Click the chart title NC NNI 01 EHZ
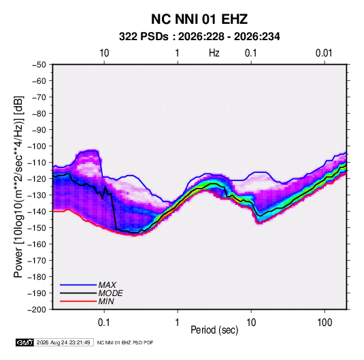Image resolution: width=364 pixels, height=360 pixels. coord(199,19)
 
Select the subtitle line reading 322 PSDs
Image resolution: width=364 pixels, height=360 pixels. coord(199,37)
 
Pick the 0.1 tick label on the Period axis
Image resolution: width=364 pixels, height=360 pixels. coord(104,323)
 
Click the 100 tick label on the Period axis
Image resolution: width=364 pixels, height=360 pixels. coord(325,323)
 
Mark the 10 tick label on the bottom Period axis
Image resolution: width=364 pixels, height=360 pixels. coord(251,323)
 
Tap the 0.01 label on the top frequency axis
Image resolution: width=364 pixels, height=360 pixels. coord(324,53)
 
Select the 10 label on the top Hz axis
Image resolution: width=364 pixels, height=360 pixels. coord(104,53)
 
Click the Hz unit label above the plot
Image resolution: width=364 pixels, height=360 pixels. coord(214,53)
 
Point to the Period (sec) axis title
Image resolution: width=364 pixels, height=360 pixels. coord(214,330)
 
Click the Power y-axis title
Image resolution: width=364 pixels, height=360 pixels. coord(18,186)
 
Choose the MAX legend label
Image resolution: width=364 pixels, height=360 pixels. coord(107,285)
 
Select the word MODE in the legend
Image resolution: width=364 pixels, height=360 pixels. coord(110,293)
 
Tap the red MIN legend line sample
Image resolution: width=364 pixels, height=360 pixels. coord(78,301)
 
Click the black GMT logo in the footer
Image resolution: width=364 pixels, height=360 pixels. coord(25,342)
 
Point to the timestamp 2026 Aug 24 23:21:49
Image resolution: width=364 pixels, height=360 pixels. coord(63,342)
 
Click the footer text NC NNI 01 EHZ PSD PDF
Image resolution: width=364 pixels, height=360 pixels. coord(125,342)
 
